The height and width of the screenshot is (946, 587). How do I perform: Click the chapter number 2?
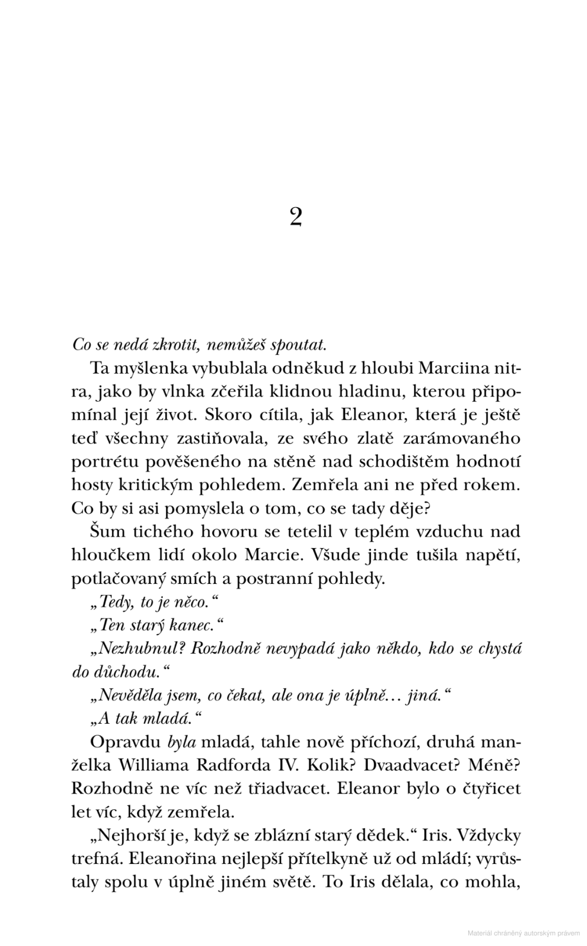pyautogui.click(x=295, y=217)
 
